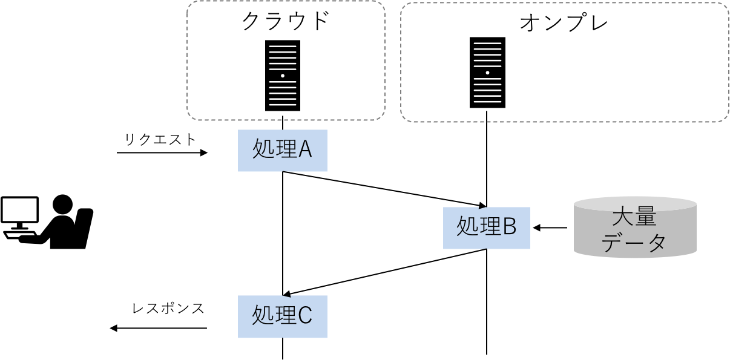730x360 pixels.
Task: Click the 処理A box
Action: tap(282, 150)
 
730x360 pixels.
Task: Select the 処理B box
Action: tap(487, 227)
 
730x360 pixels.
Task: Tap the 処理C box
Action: tap(282, 316)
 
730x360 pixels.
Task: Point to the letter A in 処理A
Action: tap(304, 149)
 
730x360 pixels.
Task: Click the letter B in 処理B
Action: tap(509, 227)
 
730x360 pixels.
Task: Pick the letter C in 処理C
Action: tap(304, 316)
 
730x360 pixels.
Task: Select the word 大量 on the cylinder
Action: tap(634, 217)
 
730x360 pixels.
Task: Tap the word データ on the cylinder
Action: tap(634, 243)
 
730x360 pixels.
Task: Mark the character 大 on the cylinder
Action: tap(623, 217)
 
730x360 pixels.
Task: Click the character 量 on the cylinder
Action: tap(645, 217)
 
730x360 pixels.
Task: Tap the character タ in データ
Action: tap(656, 243)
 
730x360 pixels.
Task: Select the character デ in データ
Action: tap(613, 243)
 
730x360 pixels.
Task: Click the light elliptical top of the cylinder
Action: tap(635, 202)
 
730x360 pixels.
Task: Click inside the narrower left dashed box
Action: tap(286, 61)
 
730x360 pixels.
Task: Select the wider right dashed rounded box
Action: tap(564, 62)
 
